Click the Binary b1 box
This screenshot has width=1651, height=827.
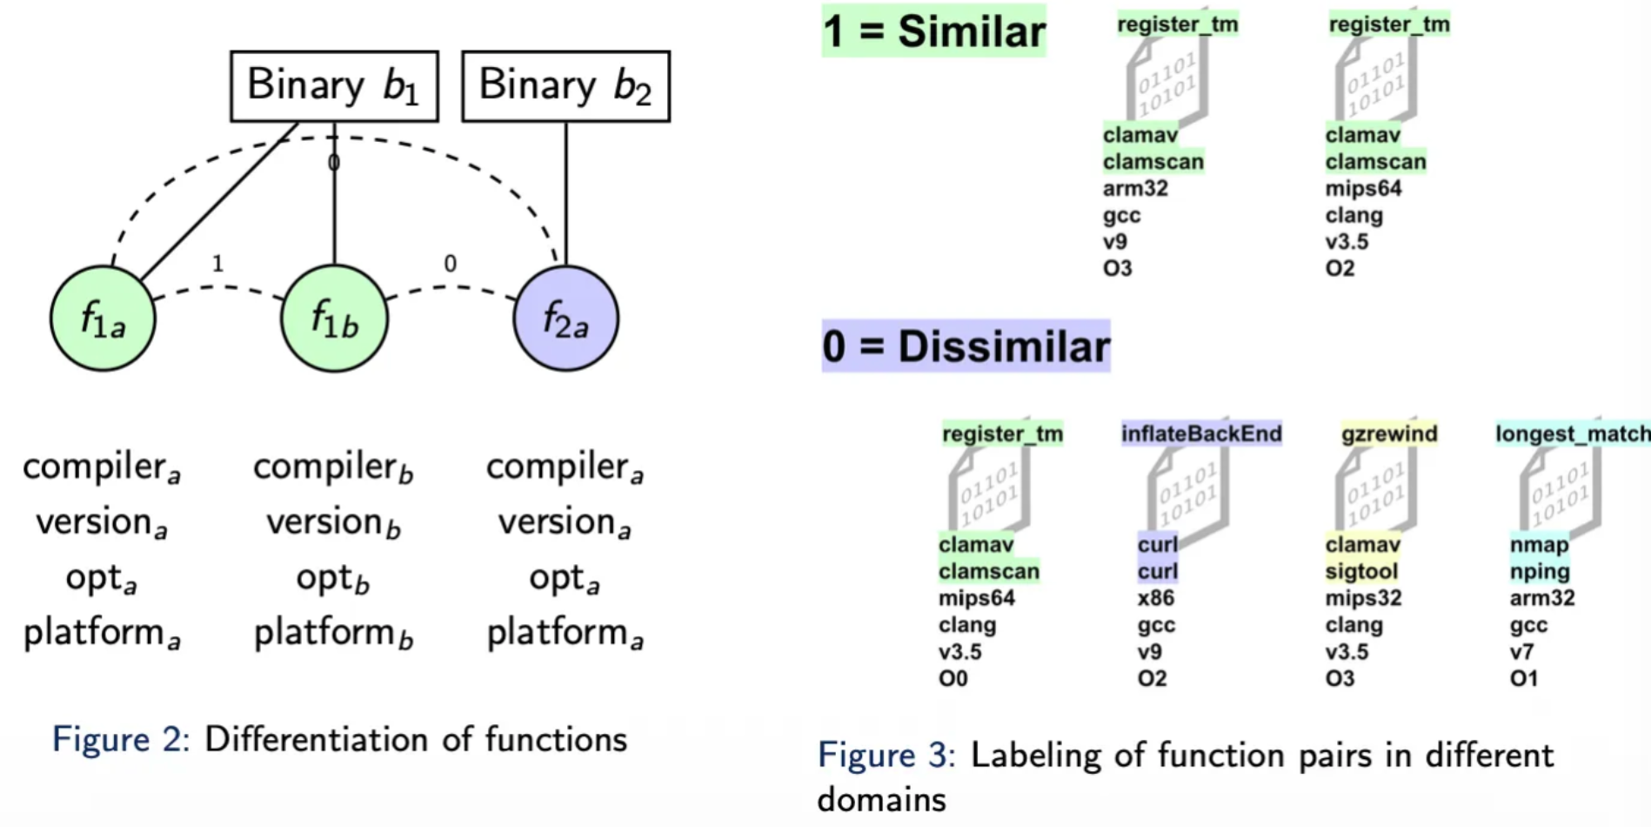[334, 86]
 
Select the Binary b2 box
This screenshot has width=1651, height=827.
[565, 86]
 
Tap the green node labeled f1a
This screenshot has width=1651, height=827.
[103, 319]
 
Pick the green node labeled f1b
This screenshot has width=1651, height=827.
[334, 319]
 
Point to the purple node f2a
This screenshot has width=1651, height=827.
[565, 319]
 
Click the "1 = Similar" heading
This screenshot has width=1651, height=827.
[933, 31]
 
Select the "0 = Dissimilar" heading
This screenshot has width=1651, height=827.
[966, 346]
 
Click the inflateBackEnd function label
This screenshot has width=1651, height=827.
[1201, 434]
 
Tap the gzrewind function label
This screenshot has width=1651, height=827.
[1388, 434]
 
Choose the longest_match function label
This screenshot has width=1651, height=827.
[1572, 434]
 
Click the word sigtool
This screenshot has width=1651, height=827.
[1361, 572]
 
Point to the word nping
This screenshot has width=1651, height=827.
[1540, 572]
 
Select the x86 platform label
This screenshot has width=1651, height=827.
[1155, 598]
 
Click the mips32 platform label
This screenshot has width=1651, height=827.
[1363, 598]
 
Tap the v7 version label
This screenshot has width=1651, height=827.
[1521, 651]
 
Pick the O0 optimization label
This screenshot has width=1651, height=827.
[952, 678]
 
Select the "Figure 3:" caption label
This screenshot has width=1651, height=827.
[886, 756]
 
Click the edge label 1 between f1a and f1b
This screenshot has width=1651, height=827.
[217, 263]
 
